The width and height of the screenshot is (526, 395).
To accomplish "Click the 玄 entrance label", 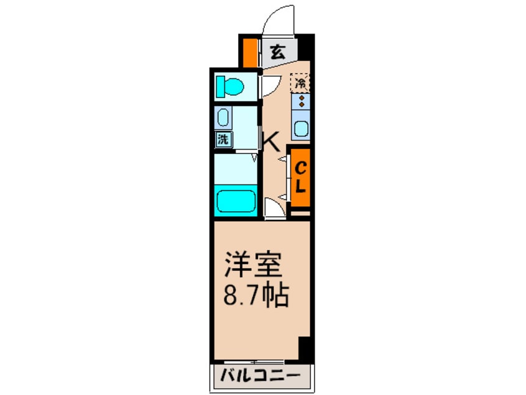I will [278, 53].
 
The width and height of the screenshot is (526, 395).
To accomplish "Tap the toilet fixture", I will [229, 86].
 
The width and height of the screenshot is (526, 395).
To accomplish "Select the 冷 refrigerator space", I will [301, 81].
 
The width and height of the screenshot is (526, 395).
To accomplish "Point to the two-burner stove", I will [301, 100].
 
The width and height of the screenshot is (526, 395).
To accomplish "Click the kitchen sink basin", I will [301, 129].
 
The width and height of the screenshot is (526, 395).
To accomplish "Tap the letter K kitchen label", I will [271, 142].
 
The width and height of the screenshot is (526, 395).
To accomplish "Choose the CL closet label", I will [300, 176].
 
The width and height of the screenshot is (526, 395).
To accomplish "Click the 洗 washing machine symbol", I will [222, 140].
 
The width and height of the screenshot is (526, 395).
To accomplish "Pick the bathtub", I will [236, 201].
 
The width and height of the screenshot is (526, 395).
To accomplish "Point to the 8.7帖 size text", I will [256, 296].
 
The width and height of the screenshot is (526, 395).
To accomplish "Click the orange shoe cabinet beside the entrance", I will [249, 53].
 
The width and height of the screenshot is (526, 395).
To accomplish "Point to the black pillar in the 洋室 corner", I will [304, 350].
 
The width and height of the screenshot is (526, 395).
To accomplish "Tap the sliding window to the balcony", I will [255, 361].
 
